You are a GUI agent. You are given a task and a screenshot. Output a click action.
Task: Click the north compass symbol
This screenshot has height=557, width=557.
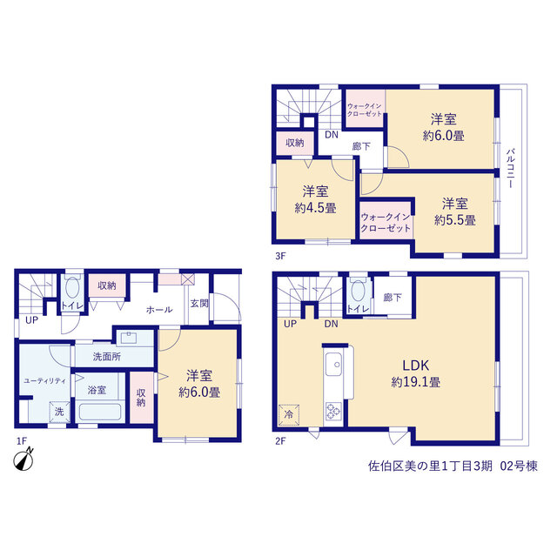coord(23,460)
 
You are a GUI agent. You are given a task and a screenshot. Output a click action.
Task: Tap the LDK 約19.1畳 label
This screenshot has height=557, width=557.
coord(416,373)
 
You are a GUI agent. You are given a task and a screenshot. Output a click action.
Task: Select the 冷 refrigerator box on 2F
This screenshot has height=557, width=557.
coord(289,414)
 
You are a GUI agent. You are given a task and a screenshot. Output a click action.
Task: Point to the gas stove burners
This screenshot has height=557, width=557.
coord(333,410)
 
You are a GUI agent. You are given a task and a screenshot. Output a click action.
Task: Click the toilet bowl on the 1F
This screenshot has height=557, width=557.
coord(72,287)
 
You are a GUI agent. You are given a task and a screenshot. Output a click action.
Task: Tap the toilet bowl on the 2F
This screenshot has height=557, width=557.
coord(358,290)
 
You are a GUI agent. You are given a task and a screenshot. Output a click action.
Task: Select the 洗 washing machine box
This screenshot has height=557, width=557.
coord(59,412)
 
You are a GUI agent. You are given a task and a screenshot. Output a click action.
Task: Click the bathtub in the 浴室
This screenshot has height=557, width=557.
coord(100,412)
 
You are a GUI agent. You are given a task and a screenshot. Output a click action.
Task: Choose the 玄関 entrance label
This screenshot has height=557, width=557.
coord(199,304)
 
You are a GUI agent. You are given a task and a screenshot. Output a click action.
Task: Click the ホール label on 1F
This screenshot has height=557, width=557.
coord(159,310)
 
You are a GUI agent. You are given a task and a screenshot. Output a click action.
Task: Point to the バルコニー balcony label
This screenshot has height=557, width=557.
coord(510,168)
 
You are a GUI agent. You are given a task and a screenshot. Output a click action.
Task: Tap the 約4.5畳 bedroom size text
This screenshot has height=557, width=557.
coord(315,208)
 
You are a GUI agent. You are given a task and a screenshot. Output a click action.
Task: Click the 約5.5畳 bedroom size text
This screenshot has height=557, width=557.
coord(454,220)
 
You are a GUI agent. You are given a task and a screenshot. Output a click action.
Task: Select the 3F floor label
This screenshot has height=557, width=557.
coord(280,256)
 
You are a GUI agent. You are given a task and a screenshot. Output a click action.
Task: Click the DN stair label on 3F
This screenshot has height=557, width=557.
coord(332,135)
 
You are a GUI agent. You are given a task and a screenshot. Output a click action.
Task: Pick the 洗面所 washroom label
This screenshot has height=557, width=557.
coord(106,357)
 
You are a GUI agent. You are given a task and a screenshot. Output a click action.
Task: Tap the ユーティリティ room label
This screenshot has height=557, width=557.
coord(44,381)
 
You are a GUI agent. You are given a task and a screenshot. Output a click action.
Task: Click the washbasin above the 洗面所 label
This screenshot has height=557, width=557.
coord(129,338)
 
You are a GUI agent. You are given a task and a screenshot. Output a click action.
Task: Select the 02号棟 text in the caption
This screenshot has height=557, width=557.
coord(519,466)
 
